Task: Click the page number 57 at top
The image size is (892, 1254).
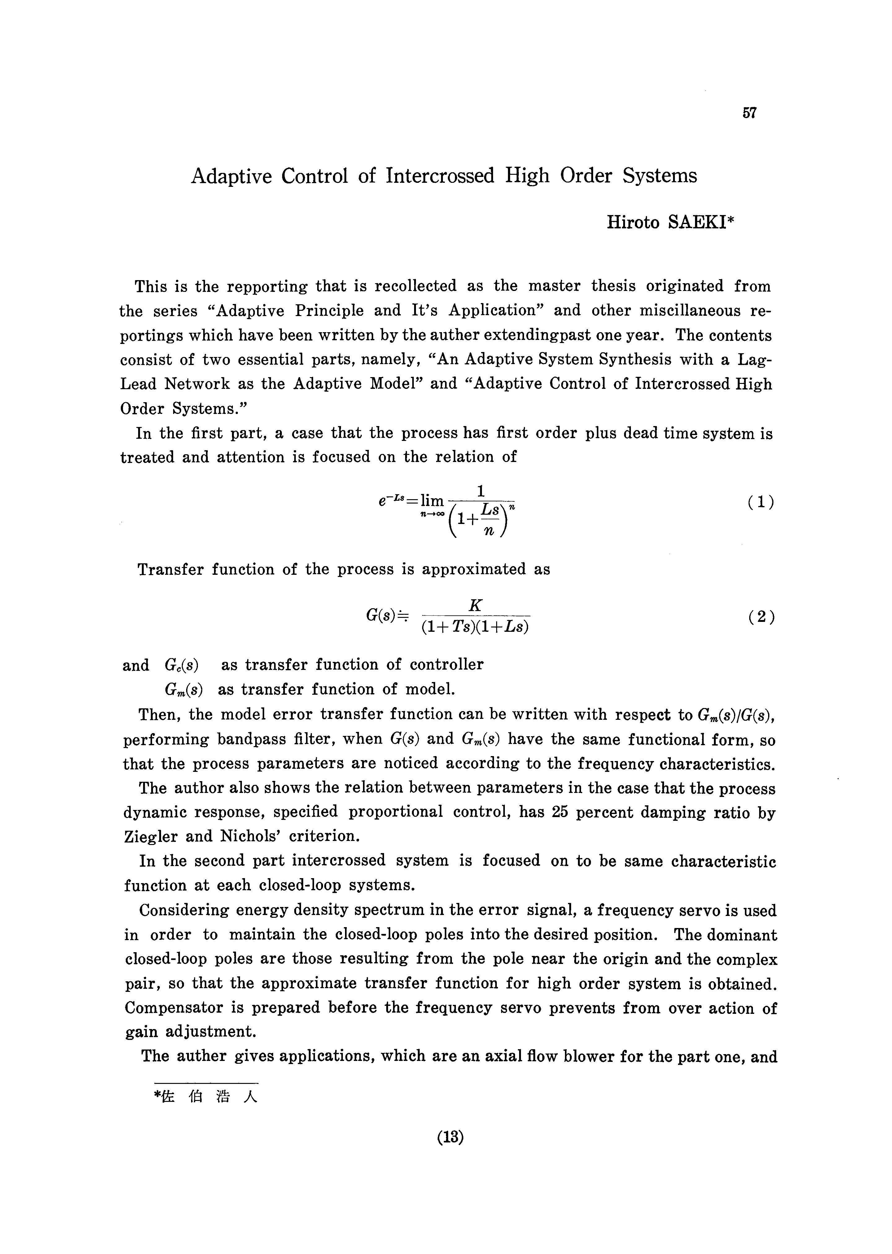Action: coord(749,113)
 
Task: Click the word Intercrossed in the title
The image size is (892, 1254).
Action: coord(439,176)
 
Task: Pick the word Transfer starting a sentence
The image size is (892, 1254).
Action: coord(170,569)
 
